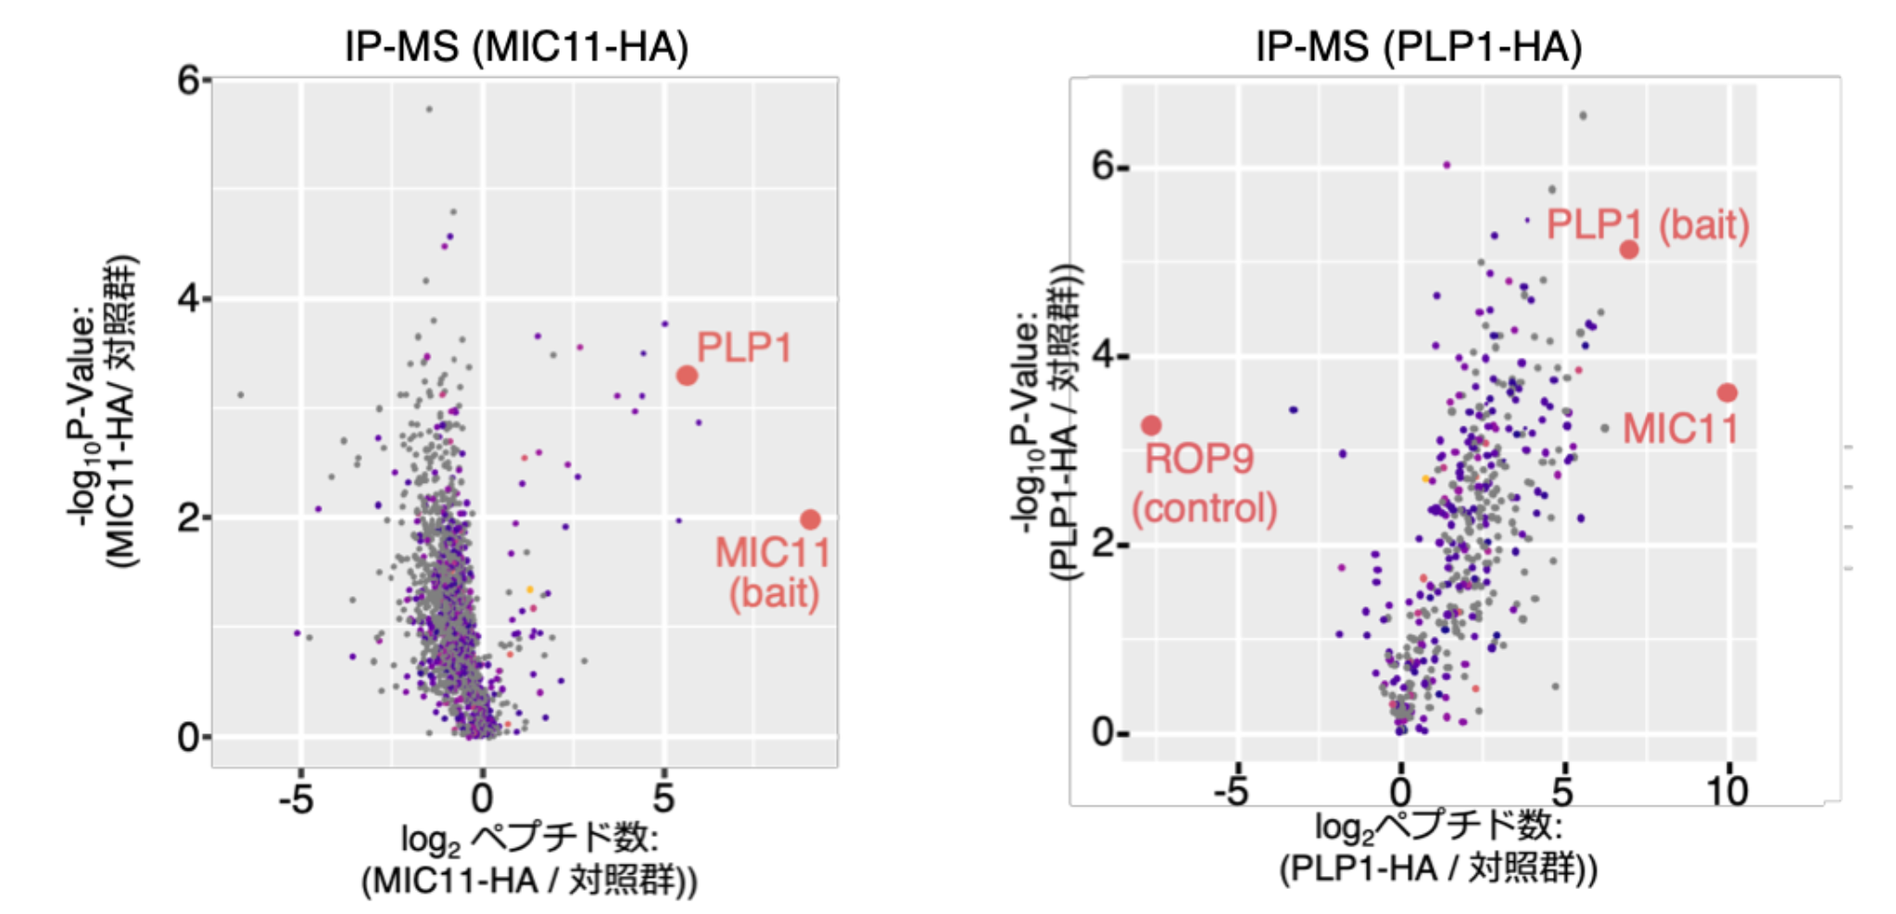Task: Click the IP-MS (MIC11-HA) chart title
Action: point(516,46)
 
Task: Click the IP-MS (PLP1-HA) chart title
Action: point(1418,46)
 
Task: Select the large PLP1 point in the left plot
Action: point(687,375)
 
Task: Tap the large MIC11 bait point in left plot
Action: point(810,519)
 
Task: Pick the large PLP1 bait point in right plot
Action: point(1628,249)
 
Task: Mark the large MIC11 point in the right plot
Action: point(1727,393)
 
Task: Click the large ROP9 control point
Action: point(1151,425)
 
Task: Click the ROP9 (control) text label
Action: point(1203,483)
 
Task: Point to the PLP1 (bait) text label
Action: point(1648,224)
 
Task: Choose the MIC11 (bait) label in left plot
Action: point(773,573)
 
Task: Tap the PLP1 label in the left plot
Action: point(744,348)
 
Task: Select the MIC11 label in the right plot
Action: point(1679,428)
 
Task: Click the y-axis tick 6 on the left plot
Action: point(189,81)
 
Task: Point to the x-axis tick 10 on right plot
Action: point(1727,791)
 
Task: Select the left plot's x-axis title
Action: point(528,859)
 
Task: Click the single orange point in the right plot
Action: point(1425,479)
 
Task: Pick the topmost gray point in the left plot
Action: point(428,109)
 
